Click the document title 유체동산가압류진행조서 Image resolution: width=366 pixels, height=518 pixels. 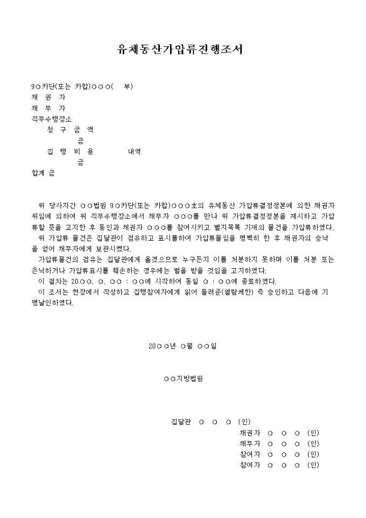coord(180,50)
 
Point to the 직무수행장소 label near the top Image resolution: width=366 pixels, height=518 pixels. coord(52,119)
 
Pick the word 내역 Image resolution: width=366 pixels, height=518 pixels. coord(134,151)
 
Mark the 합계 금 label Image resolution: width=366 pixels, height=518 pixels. coord(43,173)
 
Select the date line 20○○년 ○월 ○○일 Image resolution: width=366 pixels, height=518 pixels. coord(182,346)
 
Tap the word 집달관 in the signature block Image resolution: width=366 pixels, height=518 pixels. coord(181,422)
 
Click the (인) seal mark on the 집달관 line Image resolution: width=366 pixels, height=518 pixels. coord(244,422)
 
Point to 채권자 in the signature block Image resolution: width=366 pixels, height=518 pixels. coord(250,432)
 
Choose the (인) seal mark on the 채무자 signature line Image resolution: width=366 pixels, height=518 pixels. coord(313,444)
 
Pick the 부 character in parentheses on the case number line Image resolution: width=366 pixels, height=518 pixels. coord(128,87)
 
